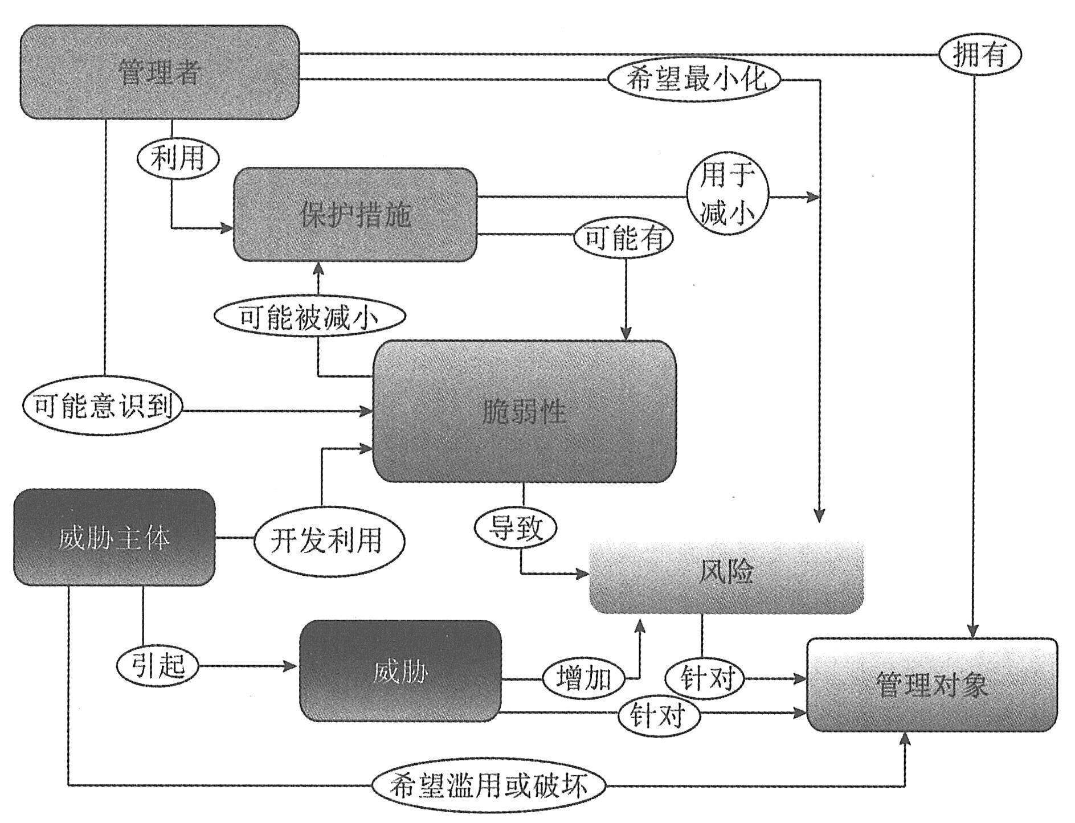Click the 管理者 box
[160, 72]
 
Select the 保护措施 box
[355, 215]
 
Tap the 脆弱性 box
[524, 411]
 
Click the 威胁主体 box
[114, 537]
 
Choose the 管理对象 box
[932, 685]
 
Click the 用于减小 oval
[727, 197]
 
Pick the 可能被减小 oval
[310, 318]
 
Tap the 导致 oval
[516, 527]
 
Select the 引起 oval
[158, 665]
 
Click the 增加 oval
[583, 678]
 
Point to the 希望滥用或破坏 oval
[488, 786]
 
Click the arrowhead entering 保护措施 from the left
[227, 228]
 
